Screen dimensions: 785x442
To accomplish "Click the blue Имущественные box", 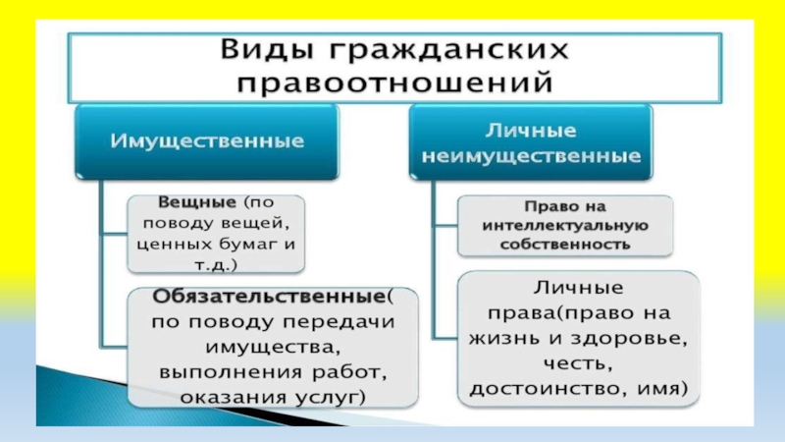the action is [206, 141].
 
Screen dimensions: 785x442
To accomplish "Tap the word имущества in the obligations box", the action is [272, 347].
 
